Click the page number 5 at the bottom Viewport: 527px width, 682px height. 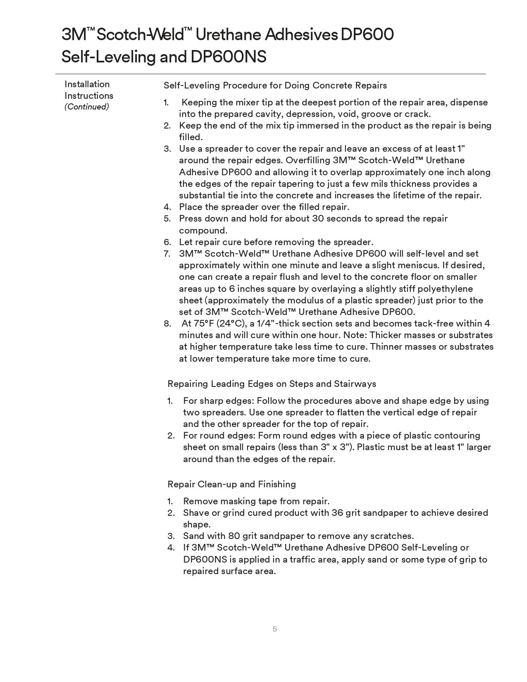[275, 629]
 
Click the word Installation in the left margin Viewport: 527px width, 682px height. [87, 84]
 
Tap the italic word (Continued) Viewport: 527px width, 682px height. [87, 107]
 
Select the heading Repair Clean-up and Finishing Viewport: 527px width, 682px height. [231, 484]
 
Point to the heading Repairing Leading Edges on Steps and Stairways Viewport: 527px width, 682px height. [272, 384]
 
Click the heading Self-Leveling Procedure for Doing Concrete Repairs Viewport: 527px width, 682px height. [275, 86]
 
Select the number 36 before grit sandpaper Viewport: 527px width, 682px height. [337, 513]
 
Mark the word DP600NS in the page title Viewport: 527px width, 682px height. [228, 57]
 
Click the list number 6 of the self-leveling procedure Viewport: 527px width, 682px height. [167, 242]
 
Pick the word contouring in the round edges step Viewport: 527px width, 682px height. [457, 435]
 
